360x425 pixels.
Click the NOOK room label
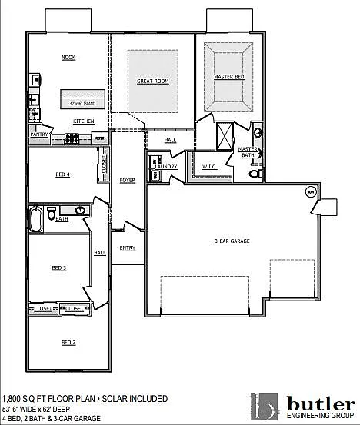pyautogui.click(x=68, y=58)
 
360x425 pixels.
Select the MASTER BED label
pyautogui.click(x=228, y=77)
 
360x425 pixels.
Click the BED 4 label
pyautogui.click(x=63, y=174)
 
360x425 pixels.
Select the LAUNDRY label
pyautogui.click(x=166, y=166)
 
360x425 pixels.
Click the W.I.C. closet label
pyautogui.click(x=210, y=166)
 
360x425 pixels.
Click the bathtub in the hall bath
pyautogui.click(x=35, y=218)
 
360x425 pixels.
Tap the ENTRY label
pyautogui.click(x=127, y=247)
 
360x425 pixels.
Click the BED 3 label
pyautogui.click(x=59, y=267)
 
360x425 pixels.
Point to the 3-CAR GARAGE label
pyautogui.click(x=232, y=241)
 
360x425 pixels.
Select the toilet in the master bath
pyautogui.click(x=256, y=175)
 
